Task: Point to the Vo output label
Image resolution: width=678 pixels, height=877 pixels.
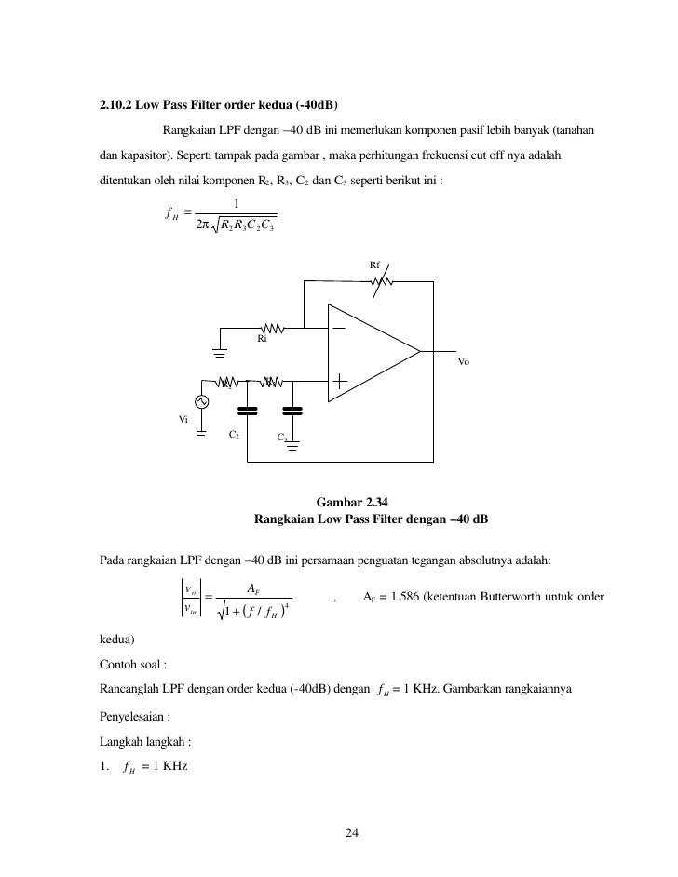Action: click(x=465, y=361)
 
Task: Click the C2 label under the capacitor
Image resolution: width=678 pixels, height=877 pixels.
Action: click(x=235, y=434)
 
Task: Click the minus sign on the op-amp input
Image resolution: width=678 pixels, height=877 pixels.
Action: click(x=338, y=328)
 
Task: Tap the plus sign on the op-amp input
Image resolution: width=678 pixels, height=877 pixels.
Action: click(x=339, y=380)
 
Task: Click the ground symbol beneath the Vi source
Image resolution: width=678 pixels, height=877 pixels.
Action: click(x=201, y=432)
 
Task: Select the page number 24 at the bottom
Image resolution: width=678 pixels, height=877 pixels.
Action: click(x=351, y=832)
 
